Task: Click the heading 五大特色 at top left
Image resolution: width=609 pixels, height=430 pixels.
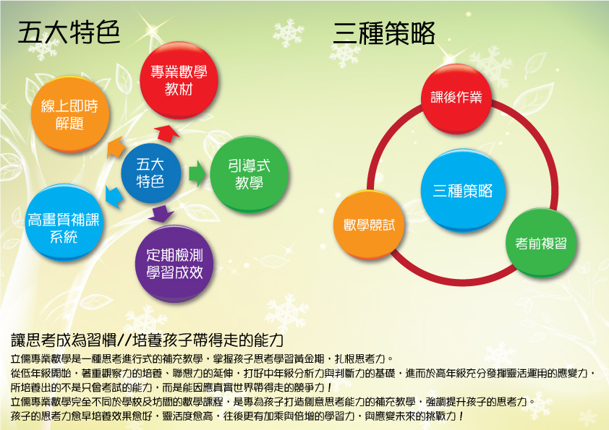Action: (69, 33)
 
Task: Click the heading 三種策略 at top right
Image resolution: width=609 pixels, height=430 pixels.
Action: (384, 33)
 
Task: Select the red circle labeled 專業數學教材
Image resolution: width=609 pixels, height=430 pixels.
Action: (179, 80)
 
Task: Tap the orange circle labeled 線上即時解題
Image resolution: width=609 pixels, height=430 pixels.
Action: (70, 114)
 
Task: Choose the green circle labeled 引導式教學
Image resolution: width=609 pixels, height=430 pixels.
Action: (249, 174)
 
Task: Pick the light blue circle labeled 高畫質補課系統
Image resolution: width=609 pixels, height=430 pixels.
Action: (64, 223)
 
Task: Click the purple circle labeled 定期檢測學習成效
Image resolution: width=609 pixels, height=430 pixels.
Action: (174, 264)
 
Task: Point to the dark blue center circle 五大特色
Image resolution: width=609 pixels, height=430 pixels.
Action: (150, 173)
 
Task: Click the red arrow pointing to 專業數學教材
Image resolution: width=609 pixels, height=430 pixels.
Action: (167, 134)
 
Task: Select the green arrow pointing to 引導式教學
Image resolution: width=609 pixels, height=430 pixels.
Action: (197, 173)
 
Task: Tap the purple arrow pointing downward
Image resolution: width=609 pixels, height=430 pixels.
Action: (161, 214)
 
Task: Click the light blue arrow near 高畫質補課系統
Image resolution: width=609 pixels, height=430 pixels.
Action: (114, 197)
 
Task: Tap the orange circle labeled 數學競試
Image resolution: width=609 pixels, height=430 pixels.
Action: (369, 225)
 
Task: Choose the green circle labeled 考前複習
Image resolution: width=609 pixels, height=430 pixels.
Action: (541, 244)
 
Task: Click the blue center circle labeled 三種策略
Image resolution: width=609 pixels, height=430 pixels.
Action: (463, 191)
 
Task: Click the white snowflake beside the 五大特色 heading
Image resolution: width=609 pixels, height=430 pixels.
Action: (43, 48)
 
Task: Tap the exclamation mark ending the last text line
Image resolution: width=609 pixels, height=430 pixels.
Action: (461, 416)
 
